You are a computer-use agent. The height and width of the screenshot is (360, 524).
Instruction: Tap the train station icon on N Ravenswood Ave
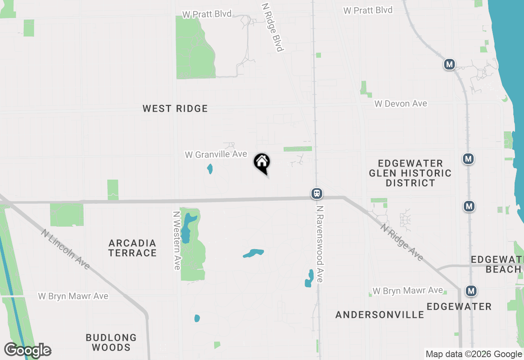coord(316,193)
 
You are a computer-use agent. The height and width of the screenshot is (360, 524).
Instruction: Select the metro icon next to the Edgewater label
coord(472,291)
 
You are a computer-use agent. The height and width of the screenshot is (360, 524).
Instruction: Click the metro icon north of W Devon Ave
coord(449,64)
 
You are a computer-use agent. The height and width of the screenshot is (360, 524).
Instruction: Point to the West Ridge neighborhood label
coord(175,108)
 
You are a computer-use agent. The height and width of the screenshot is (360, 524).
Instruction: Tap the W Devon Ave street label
coord(401,104)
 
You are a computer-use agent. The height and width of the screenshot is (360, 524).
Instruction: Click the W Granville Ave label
coord(216,154)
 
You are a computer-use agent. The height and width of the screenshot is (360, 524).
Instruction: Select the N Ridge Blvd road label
coord(273,28)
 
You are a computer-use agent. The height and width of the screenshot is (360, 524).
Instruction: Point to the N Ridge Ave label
coord(402,242)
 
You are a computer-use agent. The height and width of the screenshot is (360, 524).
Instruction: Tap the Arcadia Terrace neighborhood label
coord(133,248)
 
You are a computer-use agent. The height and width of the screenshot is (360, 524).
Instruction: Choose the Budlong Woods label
coord(111,342)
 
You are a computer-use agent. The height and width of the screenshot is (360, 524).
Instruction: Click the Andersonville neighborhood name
coord(380,315)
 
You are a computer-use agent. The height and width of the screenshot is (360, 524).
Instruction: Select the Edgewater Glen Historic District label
coord(410,173)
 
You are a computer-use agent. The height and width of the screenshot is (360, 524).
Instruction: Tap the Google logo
coord(28,350)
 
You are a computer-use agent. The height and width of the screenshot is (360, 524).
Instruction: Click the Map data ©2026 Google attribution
coord(474,354)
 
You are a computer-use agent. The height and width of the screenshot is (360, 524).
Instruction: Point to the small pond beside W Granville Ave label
coord(210,169)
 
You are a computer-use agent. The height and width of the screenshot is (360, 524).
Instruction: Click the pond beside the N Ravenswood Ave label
coord(309,278)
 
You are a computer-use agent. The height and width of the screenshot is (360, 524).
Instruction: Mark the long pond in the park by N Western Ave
coord(186,228)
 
